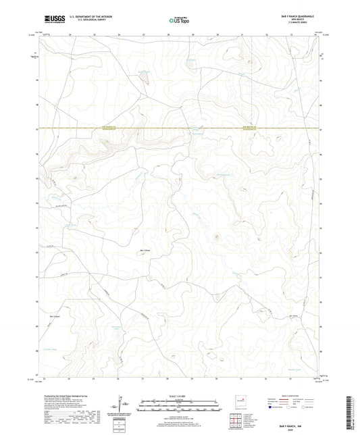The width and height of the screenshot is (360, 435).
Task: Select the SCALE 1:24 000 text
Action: [180, 395]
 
